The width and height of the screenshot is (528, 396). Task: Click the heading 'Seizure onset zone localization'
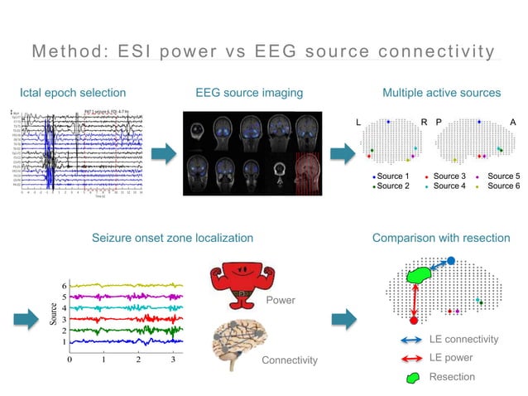click(x=172, y=239)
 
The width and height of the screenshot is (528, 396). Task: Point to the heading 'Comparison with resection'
click(x=441, y=239)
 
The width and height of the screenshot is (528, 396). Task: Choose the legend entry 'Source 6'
click(x=504, y=186)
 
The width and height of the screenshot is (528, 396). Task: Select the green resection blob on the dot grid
click(x=420, y=276)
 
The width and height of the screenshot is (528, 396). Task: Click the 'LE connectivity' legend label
click(x=463, y=340)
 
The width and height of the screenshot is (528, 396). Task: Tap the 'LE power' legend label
click(x=452, y=358)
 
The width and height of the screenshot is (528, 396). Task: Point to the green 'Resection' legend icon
click(x=412, y=377)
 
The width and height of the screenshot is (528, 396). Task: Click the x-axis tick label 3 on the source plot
click(x=173, y=360)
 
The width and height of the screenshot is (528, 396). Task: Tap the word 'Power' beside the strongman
click(x=280, y=300)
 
